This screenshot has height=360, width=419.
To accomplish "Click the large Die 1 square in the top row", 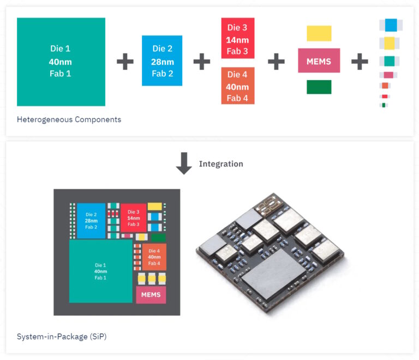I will click(61, 62).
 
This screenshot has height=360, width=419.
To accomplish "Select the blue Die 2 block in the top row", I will click(161, 61).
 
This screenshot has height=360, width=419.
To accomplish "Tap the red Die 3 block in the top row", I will click(237, 38).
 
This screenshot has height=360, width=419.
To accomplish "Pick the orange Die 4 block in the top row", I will click(237, 86).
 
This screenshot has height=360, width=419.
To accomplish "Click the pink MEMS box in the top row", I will click(319, 61).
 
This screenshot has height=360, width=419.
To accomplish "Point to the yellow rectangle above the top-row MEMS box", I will click(319, 33).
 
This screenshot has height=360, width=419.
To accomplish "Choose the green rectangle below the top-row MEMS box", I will click(319, 87).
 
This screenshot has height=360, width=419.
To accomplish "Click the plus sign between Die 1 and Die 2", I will click(125, 61).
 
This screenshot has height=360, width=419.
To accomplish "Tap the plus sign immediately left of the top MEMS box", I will click(276, 61).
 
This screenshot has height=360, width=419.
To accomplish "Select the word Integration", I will click(221, 164).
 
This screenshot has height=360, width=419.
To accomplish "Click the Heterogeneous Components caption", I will click(69, 119).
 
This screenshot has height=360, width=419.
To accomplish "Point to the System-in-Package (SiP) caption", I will click(61, 337).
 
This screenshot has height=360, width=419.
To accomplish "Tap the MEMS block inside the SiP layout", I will click(151, 295).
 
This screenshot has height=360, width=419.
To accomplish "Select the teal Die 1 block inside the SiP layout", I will click(100, 271).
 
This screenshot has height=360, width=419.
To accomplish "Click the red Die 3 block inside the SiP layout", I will click(134, 218).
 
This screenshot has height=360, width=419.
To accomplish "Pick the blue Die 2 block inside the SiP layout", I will click(91, 220).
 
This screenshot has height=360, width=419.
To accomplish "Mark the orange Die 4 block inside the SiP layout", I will click(154, 257).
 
